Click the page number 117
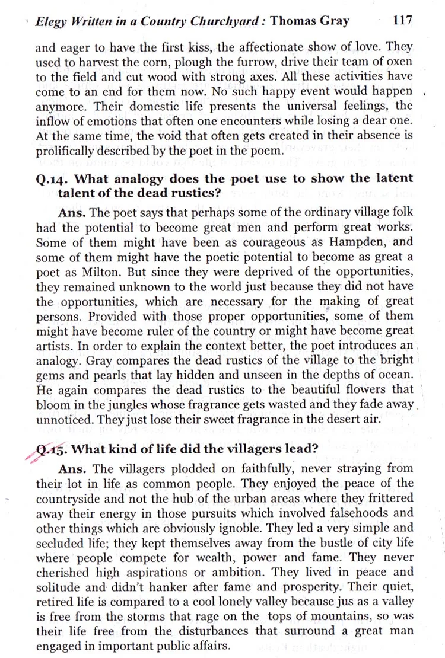(402, 20)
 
